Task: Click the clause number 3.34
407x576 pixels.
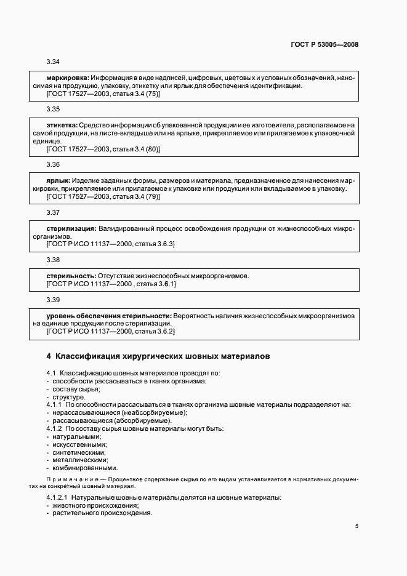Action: pos(53,62)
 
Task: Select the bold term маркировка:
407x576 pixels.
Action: pos(68,79)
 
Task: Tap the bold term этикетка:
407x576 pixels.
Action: pos(62,126)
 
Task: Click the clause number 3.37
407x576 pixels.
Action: pos(53,213)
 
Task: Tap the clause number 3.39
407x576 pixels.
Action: pos(53,300)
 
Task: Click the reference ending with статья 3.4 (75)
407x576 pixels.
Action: pos(103,95)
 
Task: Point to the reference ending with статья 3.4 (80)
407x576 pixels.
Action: pos(103,150)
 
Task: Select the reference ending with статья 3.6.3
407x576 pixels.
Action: pos(111,244)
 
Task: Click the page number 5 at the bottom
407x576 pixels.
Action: pos(356,526)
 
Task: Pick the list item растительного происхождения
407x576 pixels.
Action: pos(102,513)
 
